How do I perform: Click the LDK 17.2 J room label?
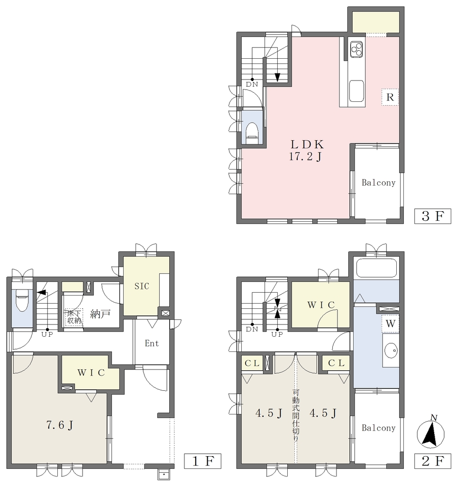coord(306,150)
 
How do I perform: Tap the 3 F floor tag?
coord(432,216)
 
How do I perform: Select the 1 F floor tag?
coord(202,461)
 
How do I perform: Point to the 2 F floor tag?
coord(432,461)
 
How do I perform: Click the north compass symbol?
coord(430,433)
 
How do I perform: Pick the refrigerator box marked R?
coord(390,97)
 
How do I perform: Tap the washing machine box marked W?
coord(391,323)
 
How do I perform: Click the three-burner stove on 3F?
coord(356,49)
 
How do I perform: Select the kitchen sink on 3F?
coord(356,91)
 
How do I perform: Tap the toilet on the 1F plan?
coord(22,300)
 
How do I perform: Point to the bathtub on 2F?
coord(376,269)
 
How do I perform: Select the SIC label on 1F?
coord(142,286)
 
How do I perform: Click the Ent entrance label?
coord(152,343)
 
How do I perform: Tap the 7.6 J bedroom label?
coord(60,425)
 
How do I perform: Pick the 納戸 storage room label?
coord(100,314)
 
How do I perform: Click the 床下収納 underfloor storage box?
coord(74,317)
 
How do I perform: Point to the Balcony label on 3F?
coord(379,182)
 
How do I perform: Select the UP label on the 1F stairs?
coord(47,334)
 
